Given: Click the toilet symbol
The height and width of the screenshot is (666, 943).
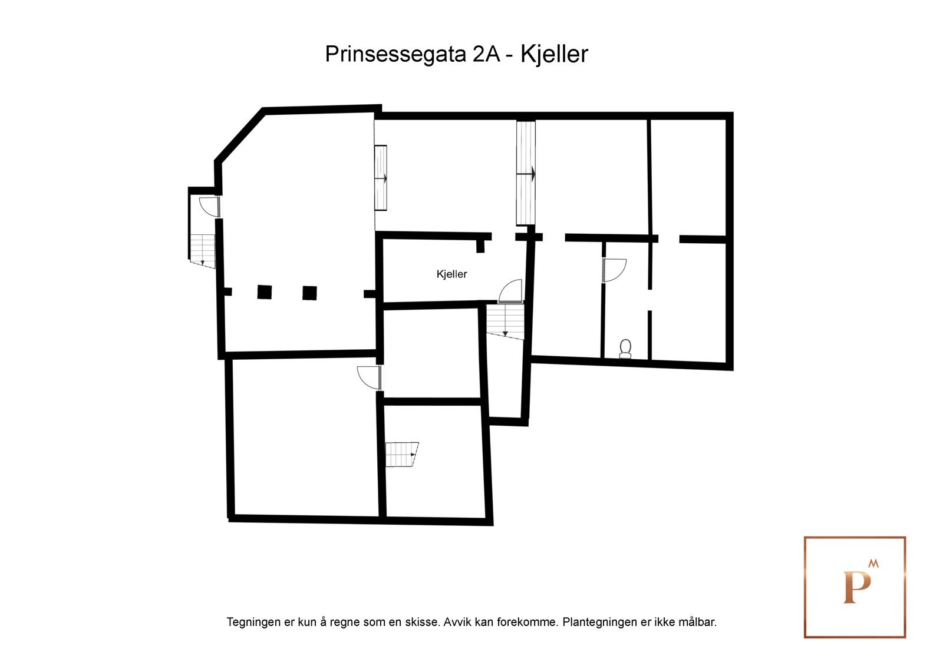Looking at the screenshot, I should tap(625, 349).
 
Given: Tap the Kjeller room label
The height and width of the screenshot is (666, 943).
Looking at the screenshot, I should tap(451, 274).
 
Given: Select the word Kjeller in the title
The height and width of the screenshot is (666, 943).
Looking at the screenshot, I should tap(554, 54).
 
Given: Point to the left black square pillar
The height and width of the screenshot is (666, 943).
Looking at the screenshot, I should tap(264, 292).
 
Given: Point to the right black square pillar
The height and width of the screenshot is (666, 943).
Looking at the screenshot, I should tap(309, 293).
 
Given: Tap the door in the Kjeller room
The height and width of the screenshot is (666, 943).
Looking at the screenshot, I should tap(511, 291).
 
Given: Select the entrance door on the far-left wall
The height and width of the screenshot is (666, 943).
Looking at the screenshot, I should tap(210, 207).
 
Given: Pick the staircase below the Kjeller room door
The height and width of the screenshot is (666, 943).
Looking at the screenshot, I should tap(505, 321).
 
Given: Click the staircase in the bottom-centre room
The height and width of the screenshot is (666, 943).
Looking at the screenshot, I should tap(401, 454).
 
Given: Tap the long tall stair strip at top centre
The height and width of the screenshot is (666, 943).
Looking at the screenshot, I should tap(526, 173).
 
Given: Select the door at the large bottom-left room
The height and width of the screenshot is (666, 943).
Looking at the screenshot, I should tap(370, 377).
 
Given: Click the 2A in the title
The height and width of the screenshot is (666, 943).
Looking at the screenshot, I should tap(486, 54).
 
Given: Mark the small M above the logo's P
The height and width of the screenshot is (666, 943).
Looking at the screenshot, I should tap(873, 564).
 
